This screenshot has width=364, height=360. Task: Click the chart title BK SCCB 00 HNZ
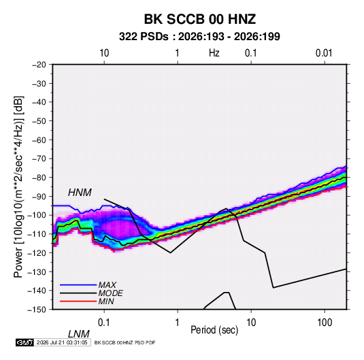click(200, 19)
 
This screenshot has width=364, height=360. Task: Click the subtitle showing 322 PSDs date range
click(199, 37)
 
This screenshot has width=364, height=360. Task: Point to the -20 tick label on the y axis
click(39, 65)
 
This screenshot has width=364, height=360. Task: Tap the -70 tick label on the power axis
click(39, 159)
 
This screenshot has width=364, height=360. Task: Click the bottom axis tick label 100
click(325, 323)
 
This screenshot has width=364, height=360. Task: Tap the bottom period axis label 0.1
click(103, 323)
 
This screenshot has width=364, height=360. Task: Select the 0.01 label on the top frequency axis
click(324, 53)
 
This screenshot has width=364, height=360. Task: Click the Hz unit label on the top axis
click(214, 53)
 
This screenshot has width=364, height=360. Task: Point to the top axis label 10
click(104, 53)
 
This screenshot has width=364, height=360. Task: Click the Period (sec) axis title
click(214, 330)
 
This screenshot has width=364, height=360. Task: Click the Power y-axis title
click(18, 187)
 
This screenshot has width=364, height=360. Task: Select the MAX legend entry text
click(107, 284)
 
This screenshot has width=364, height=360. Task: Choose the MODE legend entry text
click(110, 293)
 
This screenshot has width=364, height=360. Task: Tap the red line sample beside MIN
click(78, 301)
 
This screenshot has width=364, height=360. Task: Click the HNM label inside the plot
click(80, 193)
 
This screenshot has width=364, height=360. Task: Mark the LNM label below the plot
click(78, 334)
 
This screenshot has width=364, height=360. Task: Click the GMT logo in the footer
click(25, 342)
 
